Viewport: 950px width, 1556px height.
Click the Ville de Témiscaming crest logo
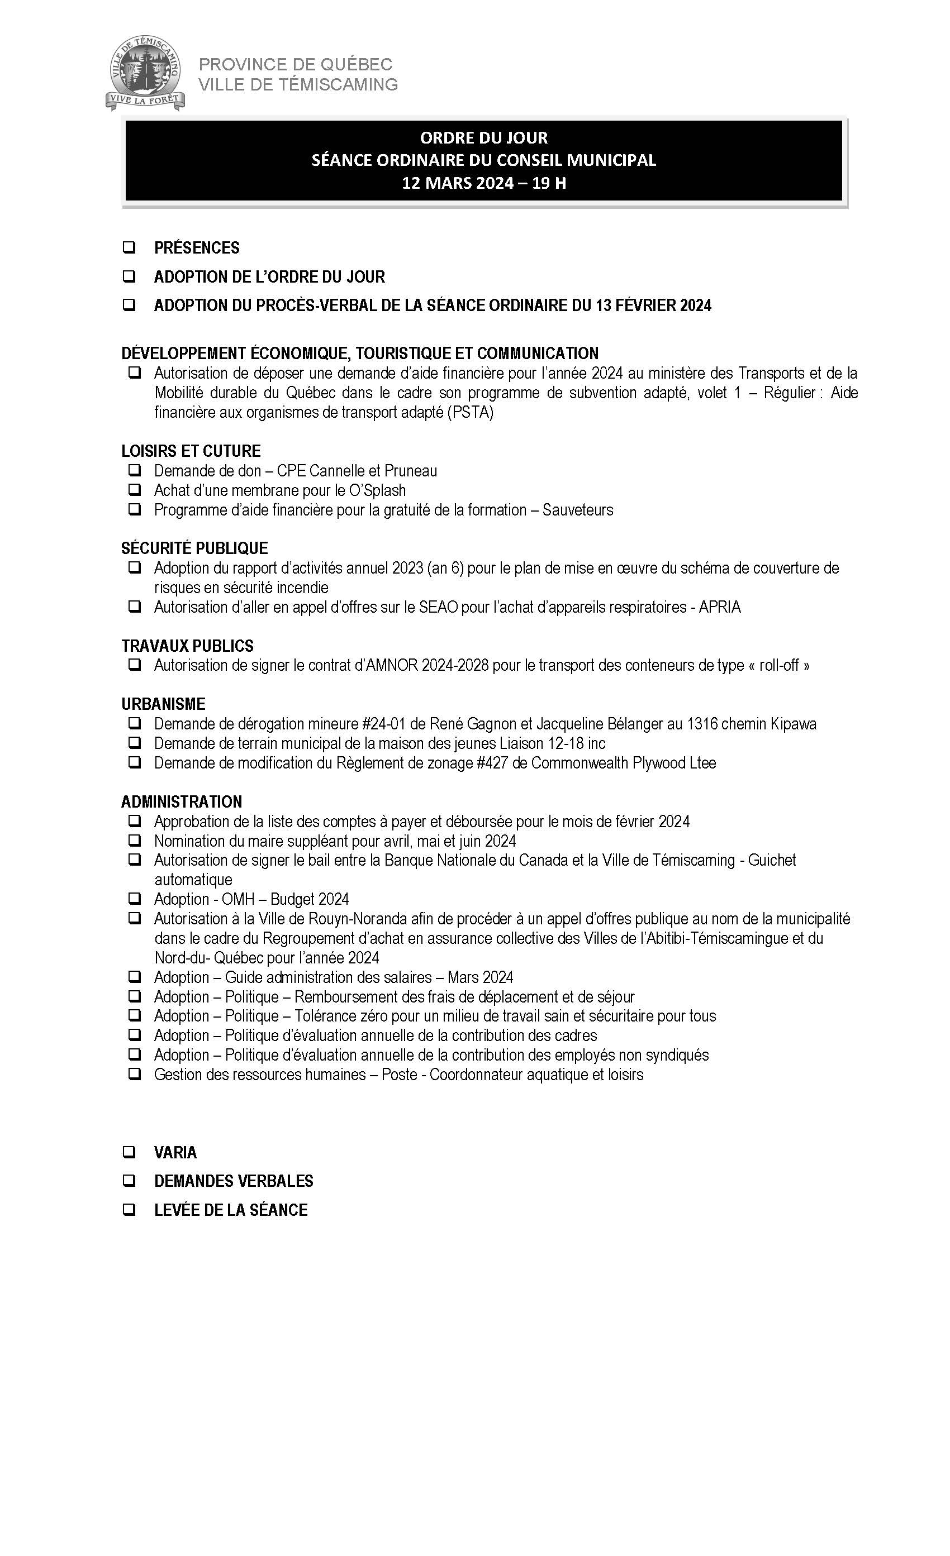tap(145, 73)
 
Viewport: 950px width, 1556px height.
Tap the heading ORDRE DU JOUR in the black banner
tap(484, 137)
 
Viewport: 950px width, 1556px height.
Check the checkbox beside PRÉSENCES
tap(129, 247)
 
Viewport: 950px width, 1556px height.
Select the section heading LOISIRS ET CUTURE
tap(191, 451)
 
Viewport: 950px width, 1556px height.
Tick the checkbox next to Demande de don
tap(135, 470)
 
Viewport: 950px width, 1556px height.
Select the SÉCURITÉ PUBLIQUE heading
tap(194, 548)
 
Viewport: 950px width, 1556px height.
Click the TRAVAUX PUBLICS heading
tap(188, 646)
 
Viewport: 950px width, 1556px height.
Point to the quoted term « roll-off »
tap(778, 666)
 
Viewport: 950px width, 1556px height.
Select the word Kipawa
tap(793, 724)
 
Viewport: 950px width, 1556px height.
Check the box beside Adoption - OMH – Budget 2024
tap(135, 899)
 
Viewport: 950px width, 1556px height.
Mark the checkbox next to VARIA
tap(129, 1152)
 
